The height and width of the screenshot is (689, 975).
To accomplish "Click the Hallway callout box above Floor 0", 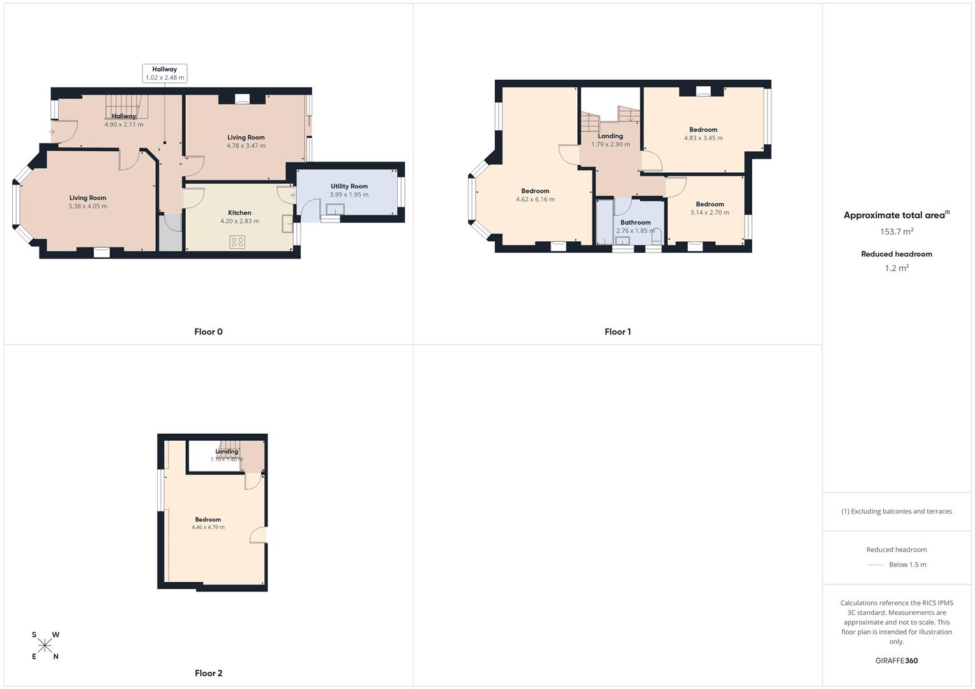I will pos(165,73).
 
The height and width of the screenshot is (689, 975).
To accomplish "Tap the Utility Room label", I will pos(349,186).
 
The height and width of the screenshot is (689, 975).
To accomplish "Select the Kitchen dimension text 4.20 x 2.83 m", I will pos(239,221).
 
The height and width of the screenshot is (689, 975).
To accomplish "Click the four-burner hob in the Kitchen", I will pos(238,242).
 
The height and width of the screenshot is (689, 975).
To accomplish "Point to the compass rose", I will pos(45,646).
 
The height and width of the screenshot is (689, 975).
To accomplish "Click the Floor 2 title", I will pos(209,673).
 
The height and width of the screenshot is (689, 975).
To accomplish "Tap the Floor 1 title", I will pos(617,332).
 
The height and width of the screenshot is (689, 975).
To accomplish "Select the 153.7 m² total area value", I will pos(896,232).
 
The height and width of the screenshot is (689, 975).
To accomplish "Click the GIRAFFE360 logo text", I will pos(896,661).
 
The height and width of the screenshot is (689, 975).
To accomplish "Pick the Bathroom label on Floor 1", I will pos(635,223).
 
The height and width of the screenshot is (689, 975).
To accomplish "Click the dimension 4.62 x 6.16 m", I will pos(535,200).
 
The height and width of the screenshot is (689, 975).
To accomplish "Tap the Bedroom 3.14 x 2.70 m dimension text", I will pos(709,213).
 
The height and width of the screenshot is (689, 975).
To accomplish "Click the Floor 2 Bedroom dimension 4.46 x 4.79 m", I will pos(208,528).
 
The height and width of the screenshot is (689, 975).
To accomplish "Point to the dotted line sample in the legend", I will pos(875,565).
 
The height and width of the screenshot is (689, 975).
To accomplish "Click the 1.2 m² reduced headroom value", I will pos(896,269).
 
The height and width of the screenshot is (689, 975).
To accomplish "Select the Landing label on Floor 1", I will pos(610,136).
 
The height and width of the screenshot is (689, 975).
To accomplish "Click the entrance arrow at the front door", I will pos(51,132).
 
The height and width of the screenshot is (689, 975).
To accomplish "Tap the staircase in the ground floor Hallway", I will pos(123,106).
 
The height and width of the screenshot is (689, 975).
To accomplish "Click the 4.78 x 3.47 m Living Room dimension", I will pos(246,146).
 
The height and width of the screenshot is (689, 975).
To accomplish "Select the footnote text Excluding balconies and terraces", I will pos(900,512).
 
